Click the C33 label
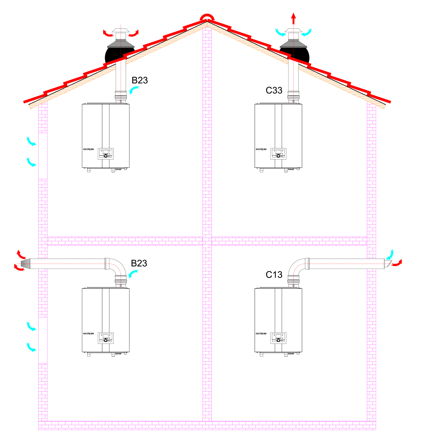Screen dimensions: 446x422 [x=274, y=90]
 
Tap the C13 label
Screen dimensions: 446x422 [x=274, y=275]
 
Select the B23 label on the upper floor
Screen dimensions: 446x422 [x=139, y=80]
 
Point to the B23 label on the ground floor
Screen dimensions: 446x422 [x=139, y=263]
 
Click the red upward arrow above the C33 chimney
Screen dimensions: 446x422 [x=293, y=18]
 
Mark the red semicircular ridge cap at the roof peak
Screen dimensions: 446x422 [x=207, y=17]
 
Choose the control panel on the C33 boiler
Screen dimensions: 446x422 [x=278, y=154]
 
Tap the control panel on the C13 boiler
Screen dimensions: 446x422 [x=278, y=338]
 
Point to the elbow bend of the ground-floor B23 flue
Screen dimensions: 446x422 [x=118, y=267]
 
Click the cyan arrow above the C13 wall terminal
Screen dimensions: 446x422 [x=389, y=254]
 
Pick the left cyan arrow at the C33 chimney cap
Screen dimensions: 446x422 [x=280, y=32]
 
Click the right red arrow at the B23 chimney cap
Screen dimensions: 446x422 [x=133, y=33]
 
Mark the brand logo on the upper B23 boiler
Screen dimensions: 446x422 [x=88, y=149]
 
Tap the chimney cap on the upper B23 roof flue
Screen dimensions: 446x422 [x=121, y=30]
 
